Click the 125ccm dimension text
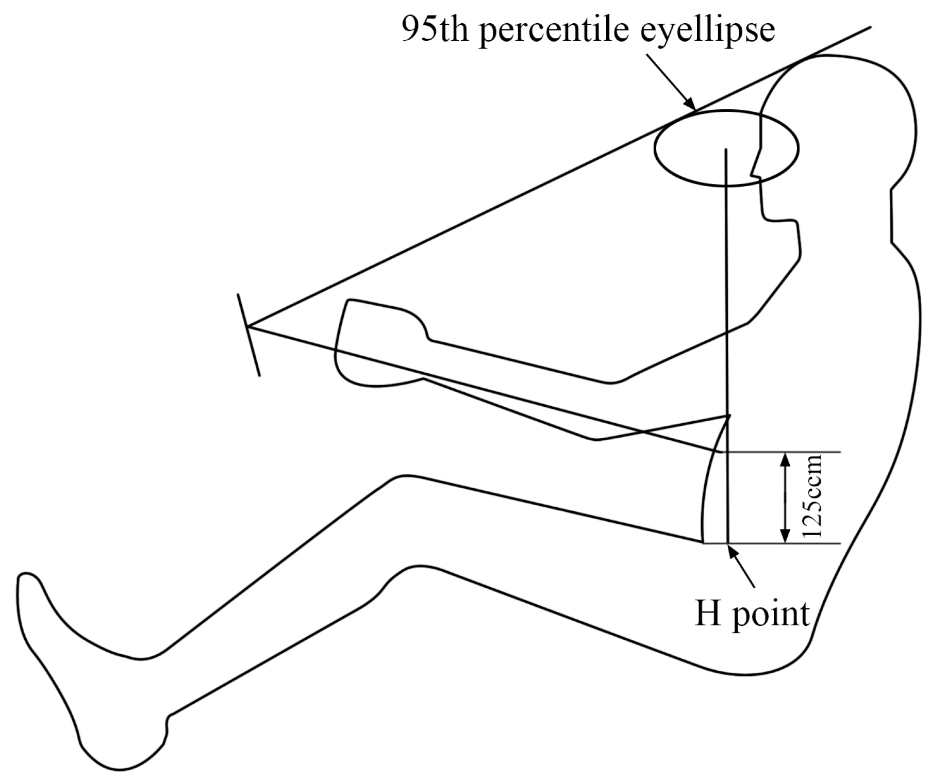tap(813, 498)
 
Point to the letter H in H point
tap(707, 614)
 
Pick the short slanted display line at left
tap(248, 335)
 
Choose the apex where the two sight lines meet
tap(248, 327)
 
